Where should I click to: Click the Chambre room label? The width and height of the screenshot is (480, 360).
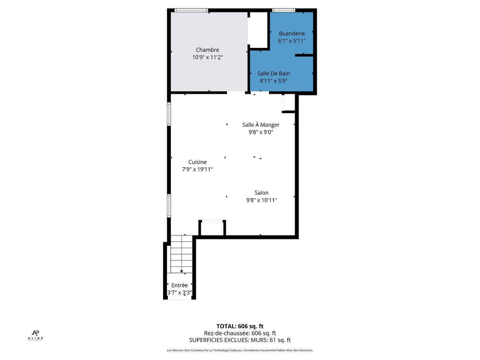pos(208,50)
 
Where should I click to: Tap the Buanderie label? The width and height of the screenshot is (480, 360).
pos(292,34)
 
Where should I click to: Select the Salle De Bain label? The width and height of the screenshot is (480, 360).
pos(274,73)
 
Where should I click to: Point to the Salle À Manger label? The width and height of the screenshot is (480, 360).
pos(261,125)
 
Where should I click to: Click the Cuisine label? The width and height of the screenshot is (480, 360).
pos(197,162)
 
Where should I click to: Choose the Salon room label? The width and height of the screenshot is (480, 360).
pos(262,193)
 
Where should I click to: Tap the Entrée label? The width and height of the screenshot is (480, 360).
pos(179,285)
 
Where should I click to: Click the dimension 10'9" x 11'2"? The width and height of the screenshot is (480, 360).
pos(208,57)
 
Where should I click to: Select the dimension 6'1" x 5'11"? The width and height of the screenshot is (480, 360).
pos(292,41)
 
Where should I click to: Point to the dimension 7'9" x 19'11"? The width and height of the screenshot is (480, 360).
pos(197,169)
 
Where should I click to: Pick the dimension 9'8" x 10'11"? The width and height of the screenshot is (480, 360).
pos(262,200)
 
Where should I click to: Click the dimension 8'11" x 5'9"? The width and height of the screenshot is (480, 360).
pos(274,81)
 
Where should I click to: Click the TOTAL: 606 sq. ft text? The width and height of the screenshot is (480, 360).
pos(240,326)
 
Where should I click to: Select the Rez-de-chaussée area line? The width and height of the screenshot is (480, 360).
pos(240,333)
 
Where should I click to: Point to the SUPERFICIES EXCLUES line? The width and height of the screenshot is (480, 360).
pos(240,340)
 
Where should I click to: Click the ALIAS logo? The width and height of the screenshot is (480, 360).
pos(35,335)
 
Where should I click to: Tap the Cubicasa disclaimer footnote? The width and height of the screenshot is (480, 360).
pos(240,350)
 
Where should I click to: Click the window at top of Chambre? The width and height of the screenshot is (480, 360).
pos(191,10)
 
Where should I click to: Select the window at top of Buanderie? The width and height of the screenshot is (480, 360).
pos(284,10)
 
